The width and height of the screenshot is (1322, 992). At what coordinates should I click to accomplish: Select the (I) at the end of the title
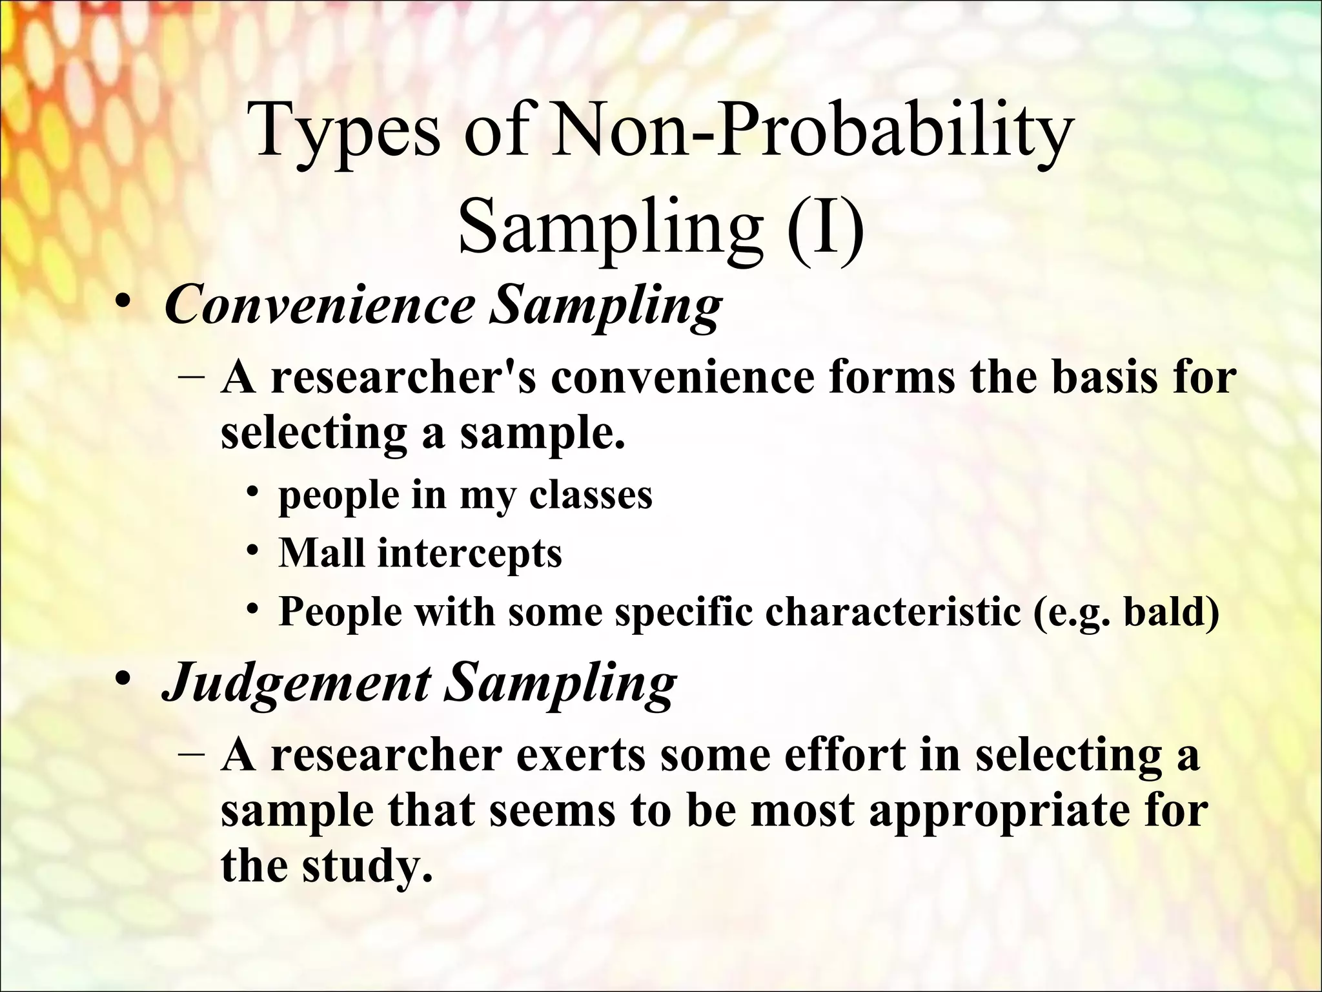824,227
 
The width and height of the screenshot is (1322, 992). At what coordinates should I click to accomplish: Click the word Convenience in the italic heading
320,305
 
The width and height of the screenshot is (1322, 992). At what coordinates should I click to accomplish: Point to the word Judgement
296,683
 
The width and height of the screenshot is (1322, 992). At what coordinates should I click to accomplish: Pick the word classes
590,496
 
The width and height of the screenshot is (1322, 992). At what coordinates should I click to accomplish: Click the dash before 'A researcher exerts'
191,755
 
